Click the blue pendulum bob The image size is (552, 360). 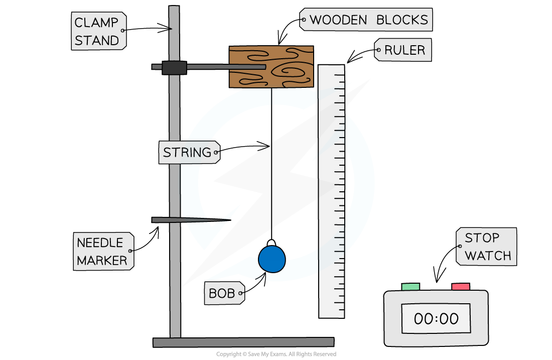272,259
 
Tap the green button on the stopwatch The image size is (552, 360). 410,286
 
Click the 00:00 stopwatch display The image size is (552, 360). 436,318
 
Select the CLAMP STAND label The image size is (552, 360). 98,31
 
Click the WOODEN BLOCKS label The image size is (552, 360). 366,20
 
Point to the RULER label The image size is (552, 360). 403,50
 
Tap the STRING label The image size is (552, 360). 189,152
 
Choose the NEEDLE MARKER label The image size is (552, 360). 103,251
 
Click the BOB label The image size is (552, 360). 224,293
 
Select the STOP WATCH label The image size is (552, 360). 486,247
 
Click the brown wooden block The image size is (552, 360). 271,67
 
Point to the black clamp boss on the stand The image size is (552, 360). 174,68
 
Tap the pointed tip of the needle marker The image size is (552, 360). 231,220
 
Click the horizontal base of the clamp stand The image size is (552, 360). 243,342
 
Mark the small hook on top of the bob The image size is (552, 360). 271,243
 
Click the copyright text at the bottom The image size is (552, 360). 276,354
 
